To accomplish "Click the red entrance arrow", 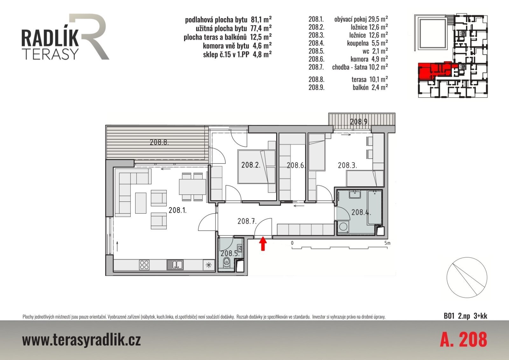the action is (x=263, y=243).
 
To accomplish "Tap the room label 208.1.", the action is (x=178, y=210).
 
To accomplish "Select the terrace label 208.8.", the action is (x=159, y=142).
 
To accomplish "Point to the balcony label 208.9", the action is (x=359, y=122).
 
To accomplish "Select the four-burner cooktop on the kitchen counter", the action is (x=144, y=265).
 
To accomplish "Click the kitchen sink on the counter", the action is (x=175, y=265).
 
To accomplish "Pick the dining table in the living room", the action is (x=192, y=187).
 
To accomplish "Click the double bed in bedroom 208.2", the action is (x=256, y=166).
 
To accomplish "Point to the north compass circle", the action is (x=467, y=278).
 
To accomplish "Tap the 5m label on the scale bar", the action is (x=387, y=243).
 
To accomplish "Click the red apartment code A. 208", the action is (x=464, y=339).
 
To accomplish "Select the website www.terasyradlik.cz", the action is (x=81, y=340).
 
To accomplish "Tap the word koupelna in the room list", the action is (x=358, y=43).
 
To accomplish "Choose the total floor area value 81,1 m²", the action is (x=261, y=19).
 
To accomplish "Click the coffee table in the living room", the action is (x=141, y=203).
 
